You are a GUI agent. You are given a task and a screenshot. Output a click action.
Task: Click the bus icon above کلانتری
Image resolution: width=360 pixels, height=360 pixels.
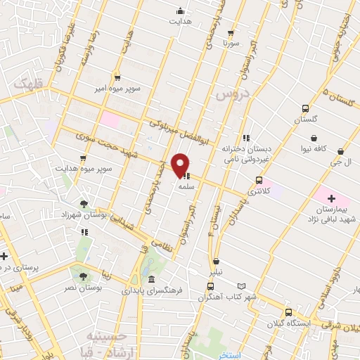[259, 180]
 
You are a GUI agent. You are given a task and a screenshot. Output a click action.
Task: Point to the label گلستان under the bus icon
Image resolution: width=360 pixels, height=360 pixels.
[305, 120]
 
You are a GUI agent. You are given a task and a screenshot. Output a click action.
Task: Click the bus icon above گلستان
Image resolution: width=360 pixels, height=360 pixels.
[305, 108]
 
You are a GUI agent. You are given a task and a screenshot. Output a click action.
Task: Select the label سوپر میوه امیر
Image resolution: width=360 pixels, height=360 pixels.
[117, 89]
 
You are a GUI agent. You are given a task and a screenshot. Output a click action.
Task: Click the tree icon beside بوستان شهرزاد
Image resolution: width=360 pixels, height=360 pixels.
[84, 204]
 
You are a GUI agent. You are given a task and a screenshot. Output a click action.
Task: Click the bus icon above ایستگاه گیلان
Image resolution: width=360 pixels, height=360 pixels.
[288, 312]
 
